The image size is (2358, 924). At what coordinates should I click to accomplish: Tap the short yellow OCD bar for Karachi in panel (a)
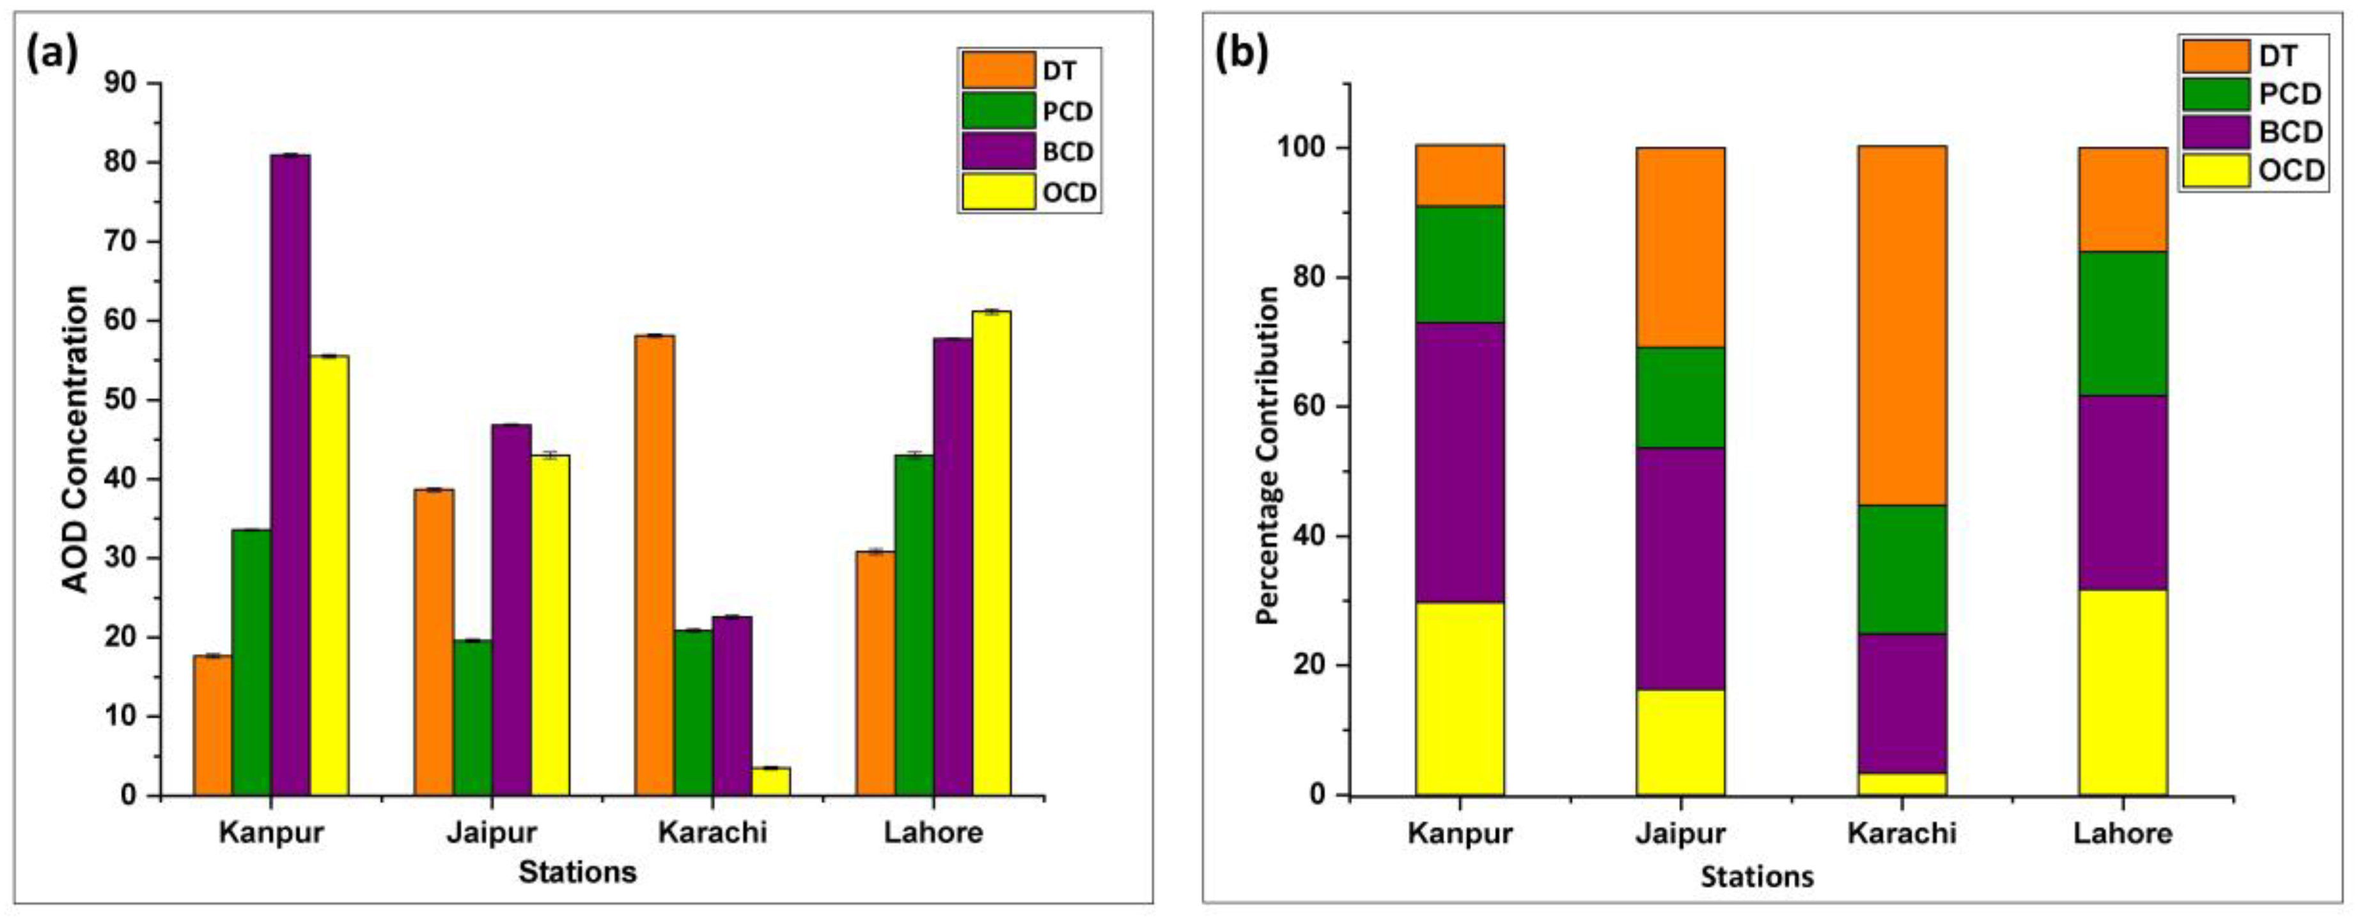[x=770, y=781]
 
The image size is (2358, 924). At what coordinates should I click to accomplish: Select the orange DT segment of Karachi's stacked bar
[x=1902, y=325]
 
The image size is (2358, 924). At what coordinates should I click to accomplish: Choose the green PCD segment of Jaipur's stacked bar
[x=1681, y=397]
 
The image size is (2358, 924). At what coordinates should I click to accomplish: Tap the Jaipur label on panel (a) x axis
[x=492, y=832]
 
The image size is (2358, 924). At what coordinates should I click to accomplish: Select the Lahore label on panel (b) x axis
[x=2123, y=833]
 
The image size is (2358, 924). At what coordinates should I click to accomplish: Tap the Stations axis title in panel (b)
[x=1756, y=877]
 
